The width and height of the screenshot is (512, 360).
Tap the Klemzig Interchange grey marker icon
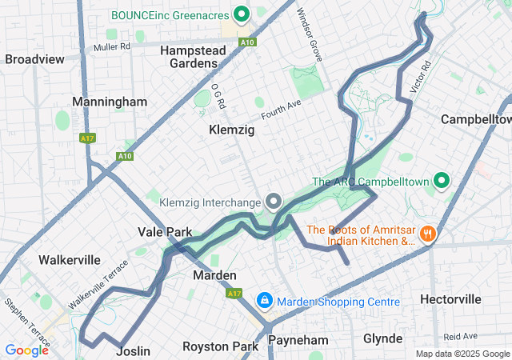tap(274, 201)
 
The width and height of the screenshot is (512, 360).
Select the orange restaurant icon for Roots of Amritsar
tap(429, 234)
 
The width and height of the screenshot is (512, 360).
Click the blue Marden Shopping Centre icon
tap(263, 301)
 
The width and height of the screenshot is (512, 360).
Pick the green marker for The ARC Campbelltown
tap(440, 181)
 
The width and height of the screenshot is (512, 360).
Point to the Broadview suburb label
tap(34, 59)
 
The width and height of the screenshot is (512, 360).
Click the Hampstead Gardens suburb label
tap(193, 56)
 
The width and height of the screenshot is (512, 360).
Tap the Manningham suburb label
tap(110, 102)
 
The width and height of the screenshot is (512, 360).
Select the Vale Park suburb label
tap(165, 232)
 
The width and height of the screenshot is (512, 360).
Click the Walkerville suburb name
tap(70, 259)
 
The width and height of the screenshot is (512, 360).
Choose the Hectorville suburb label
tap(451, 299)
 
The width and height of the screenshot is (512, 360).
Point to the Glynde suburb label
tap(383, 338)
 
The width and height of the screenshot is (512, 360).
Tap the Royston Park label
tap(220, 346)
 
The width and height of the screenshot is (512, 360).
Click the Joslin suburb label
tap(133, 350)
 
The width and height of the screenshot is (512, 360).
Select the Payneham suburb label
tap(298, 340)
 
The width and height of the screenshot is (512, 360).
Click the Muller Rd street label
tap(111, 47)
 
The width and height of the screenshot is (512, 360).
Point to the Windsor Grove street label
tap(308, 36)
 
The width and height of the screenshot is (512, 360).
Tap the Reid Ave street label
tap(461, 336)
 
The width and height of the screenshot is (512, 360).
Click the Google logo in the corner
tap(26, 350)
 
